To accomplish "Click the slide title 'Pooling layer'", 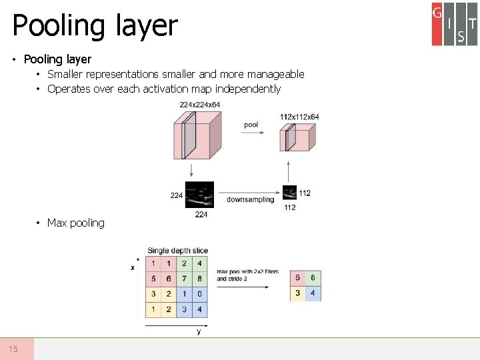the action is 95,26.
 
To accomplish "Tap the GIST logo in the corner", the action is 454,24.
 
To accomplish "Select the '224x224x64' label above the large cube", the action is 199,105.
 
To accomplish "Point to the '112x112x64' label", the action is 299,117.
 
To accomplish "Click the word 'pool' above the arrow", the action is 251,125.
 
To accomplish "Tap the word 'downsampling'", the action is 250,199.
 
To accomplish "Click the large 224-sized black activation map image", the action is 199,195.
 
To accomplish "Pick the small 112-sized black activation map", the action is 289,193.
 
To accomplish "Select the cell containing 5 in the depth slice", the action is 153,279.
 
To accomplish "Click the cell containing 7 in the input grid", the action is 184,279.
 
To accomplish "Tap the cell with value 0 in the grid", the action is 199,294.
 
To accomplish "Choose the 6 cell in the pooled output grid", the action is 297,278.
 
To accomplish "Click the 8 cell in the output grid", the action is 313,278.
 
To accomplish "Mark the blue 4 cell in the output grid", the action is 313,293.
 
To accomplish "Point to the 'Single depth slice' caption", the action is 177,251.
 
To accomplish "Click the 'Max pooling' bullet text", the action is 75,223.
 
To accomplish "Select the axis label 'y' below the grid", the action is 199,331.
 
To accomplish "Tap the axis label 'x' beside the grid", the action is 132,267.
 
